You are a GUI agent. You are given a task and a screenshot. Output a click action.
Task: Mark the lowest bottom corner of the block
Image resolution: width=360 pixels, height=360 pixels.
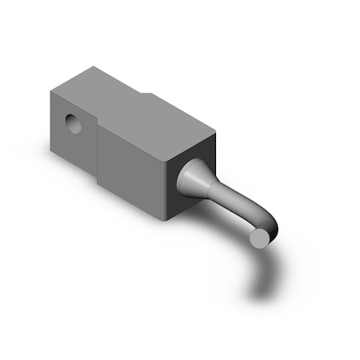pyautogui.click(x=169, y=219)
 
